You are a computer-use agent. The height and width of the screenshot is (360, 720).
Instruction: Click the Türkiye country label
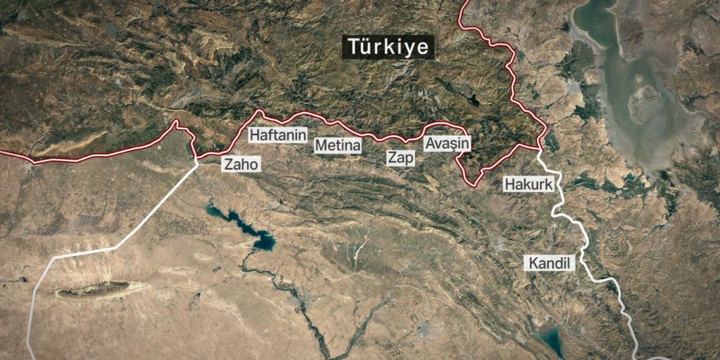388,47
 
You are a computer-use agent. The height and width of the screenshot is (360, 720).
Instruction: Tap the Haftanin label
278,135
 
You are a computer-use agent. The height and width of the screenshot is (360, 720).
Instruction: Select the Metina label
338,146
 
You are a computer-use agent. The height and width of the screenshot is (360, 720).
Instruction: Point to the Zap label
401,158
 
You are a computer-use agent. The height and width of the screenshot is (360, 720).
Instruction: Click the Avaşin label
447,143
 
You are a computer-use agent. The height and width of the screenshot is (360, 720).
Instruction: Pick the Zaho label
241,164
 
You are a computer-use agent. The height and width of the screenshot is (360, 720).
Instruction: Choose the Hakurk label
529,184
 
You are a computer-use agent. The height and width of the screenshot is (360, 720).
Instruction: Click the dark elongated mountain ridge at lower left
95,290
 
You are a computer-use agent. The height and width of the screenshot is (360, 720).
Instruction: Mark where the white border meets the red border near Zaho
197,159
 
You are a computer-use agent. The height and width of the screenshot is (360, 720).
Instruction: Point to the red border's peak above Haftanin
259,112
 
